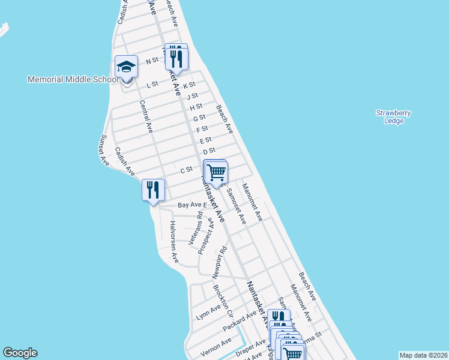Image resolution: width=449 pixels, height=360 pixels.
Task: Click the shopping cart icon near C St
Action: coord(216,172)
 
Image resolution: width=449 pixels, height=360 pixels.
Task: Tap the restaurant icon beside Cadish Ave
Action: coord(153,191)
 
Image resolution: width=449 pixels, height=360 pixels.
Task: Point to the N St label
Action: coord(152,61)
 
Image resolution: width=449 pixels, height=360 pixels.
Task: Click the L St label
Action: coord(152,85)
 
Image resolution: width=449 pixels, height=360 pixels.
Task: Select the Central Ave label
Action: coord(146,116)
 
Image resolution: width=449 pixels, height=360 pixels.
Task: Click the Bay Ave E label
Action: coord(192,205)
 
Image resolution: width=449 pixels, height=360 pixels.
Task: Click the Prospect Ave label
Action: coord(206,236)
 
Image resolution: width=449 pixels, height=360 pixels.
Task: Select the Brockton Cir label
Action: coord(223,300)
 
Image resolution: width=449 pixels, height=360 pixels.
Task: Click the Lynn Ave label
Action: coord(208,312)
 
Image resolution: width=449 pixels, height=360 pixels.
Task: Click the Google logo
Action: coord(20,353)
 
